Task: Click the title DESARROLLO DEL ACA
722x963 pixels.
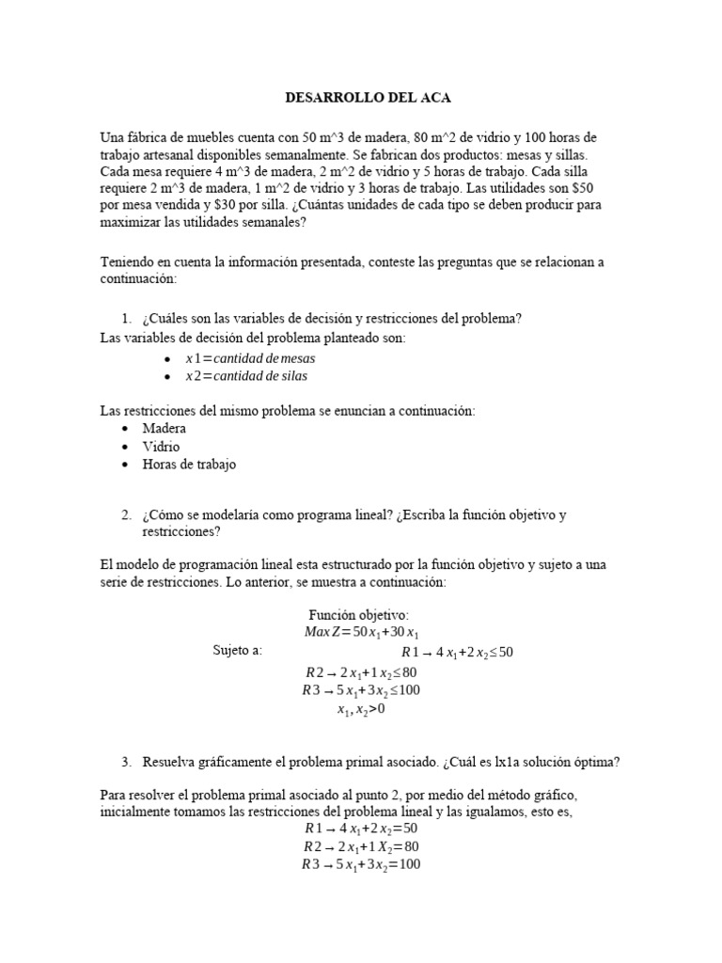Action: click(x=360, y=98)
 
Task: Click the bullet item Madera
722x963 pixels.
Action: click(x=164, y=428)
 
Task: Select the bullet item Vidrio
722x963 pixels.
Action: click(x=161, y=446)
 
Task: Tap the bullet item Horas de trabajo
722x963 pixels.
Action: click(x=189, y=464)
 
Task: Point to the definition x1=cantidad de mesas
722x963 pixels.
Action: click(x=250, y=358)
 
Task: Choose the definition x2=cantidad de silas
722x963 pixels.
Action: click(x=246, y=375)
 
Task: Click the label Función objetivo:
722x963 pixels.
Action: click(x=360, y=614)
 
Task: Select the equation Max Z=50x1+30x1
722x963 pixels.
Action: click(x=360, y=631)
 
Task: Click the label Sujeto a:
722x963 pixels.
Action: click(x=238, y=651)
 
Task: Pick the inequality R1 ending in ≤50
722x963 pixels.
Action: click(x=457, y=652)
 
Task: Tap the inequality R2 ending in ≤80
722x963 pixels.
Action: click(x=360, y=672)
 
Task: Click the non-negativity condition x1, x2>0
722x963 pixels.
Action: click(x=361, y=709)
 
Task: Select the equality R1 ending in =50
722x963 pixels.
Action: click(x=360, y=829)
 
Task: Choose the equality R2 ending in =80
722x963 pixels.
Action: click(x=360, y=846)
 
